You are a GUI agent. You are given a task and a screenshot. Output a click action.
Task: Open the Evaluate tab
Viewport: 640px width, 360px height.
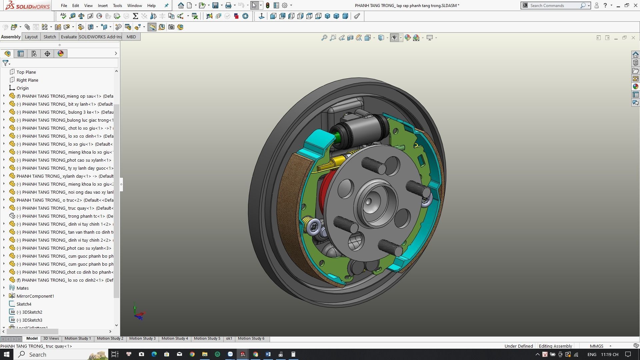69,37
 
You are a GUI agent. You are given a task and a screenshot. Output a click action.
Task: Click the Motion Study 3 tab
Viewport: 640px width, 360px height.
142,338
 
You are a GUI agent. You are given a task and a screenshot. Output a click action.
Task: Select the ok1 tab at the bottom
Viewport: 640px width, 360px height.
229,338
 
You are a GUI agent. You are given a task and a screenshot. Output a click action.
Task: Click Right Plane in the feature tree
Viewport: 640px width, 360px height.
27,80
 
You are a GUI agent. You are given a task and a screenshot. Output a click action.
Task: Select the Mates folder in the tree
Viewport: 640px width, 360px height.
22,288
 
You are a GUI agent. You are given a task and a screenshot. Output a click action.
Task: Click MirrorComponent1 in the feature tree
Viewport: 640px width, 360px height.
35,296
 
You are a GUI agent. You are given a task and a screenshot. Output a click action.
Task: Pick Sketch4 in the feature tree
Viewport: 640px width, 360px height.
24,304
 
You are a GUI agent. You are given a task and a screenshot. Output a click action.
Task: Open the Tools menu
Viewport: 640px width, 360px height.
117,5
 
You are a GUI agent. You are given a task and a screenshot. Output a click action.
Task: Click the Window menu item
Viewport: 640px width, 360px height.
134,5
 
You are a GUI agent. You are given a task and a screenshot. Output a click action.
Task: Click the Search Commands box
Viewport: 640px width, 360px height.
553,5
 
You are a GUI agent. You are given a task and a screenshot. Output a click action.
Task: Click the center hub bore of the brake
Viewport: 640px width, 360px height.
369,201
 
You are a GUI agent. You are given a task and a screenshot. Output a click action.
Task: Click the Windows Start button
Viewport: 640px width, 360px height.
6,354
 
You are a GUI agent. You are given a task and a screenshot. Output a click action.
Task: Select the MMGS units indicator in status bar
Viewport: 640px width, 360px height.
596,346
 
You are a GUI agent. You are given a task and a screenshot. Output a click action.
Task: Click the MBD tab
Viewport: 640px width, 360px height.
131,37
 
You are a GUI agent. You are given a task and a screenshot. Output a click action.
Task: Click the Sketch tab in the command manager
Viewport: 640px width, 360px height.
50,37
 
